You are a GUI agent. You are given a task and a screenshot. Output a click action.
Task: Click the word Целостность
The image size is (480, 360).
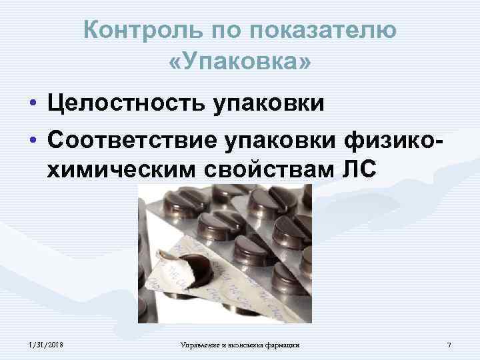[131, 104]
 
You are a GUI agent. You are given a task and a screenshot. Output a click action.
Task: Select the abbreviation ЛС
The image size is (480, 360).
[359, 171]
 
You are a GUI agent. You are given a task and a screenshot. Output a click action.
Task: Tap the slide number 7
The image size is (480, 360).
[449, 344]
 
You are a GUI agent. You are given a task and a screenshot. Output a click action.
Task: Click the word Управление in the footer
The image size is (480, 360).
[203, 344]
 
